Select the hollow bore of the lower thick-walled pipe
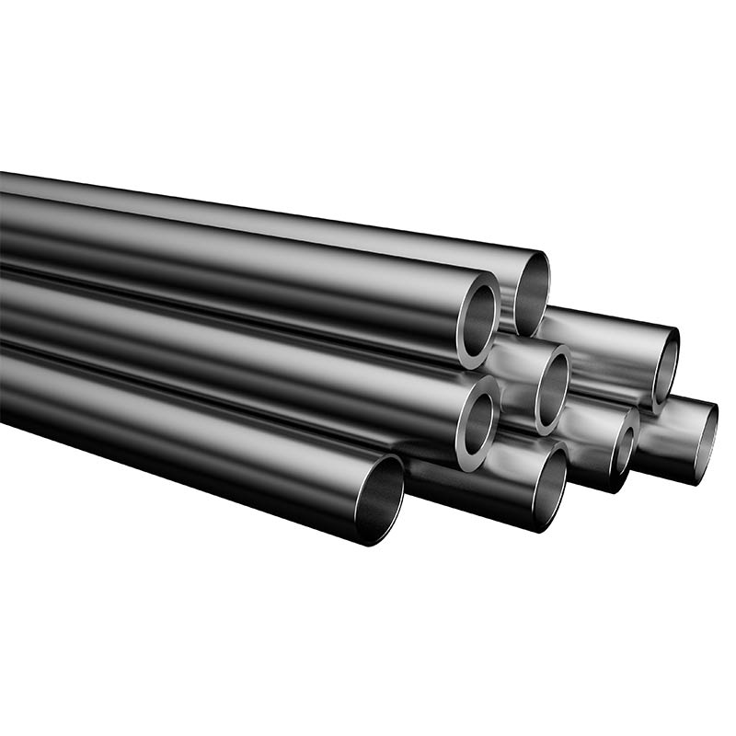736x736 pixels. pos(477,424)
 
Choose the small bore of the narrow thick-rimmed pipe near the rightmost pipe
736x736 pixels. pos(625,450)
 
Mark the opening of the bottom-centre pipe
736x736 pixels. pos(549,487)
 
